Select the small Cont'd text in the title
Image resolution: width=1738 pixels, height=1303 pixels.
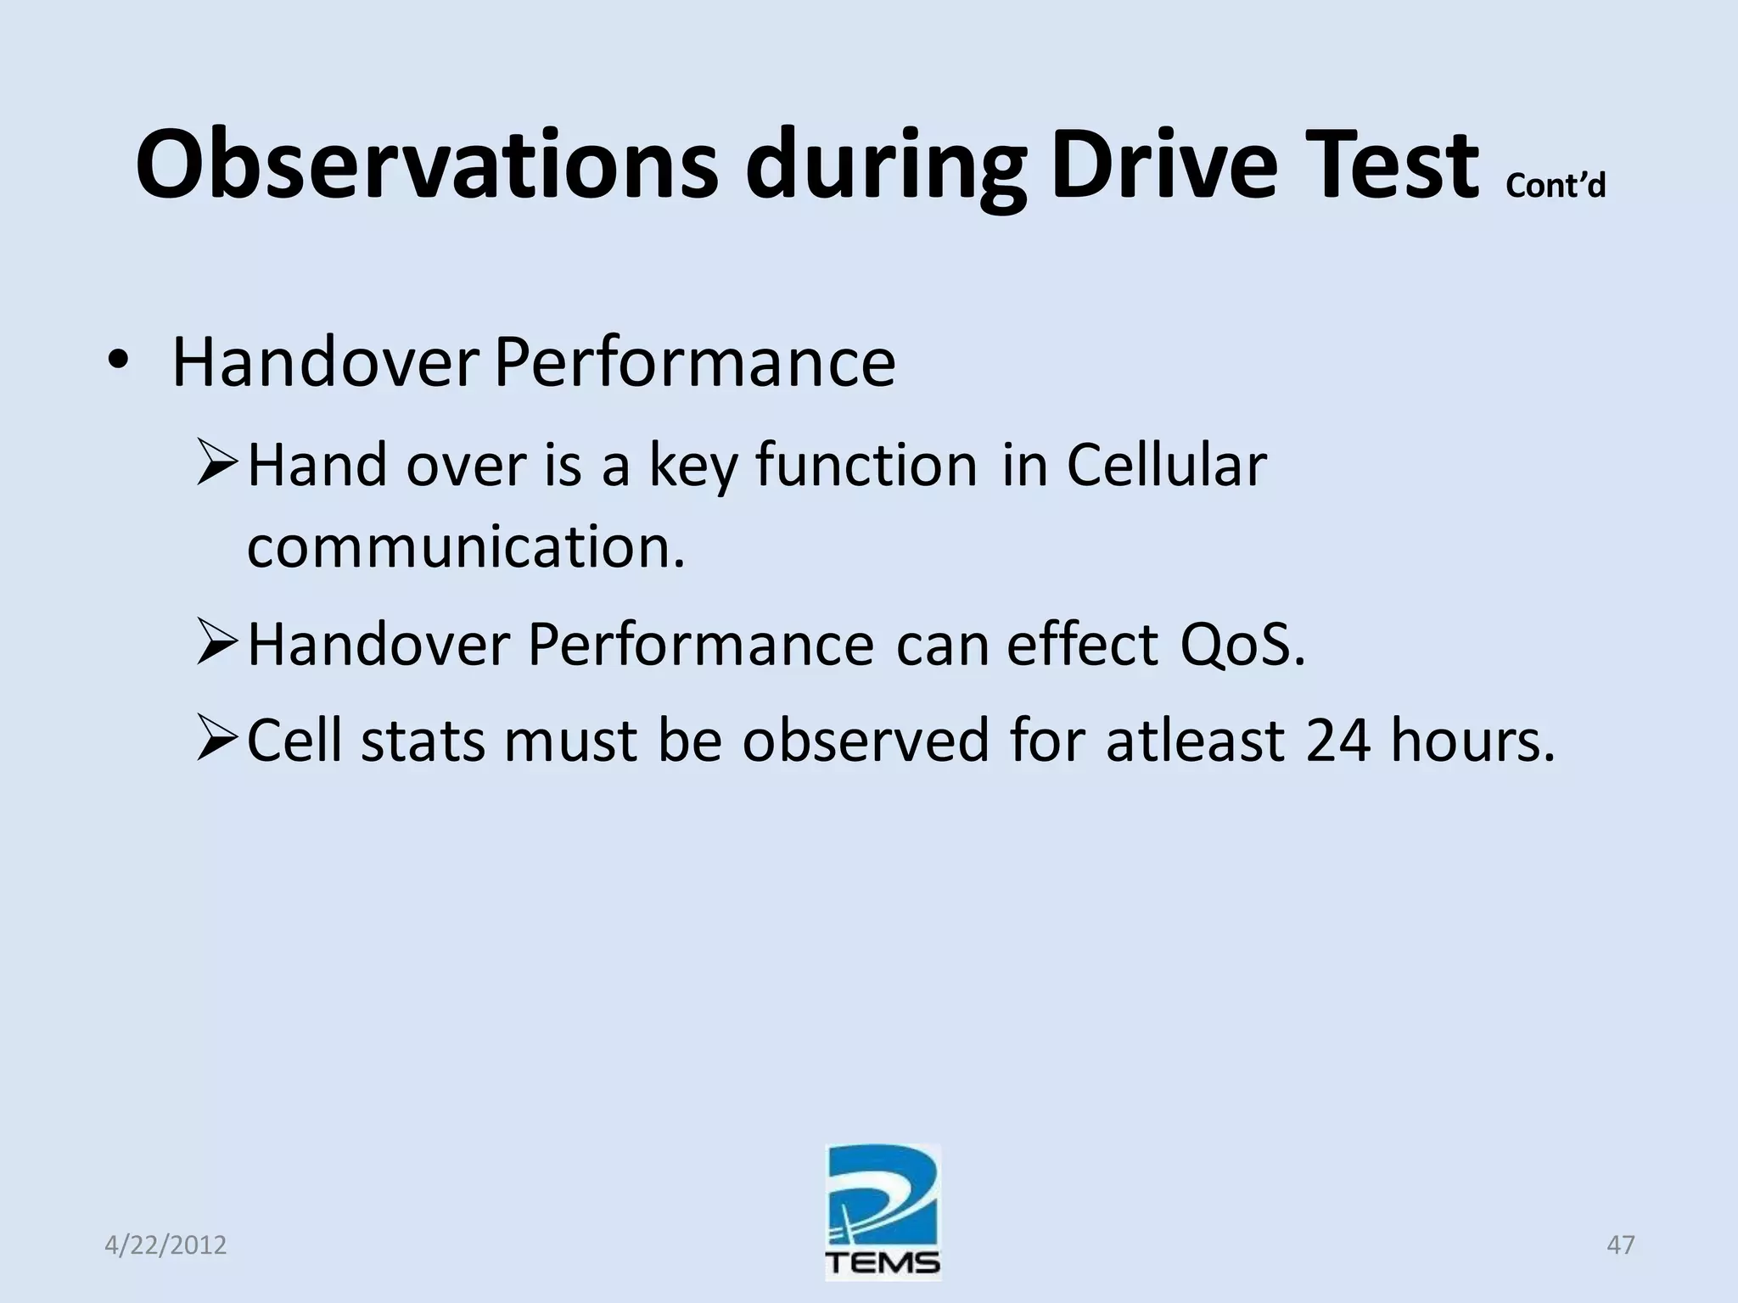pyautogui.click(x=1556, y=185)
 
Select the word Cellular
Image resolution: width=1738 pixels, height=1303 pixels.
pyautogui.click(x=1166, y=466)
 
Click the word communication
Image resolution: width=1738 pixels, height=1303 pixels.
pyautogui.click(x=465, y=547)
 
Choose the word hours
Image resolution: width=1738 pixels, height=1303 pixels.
pyautogui.click(x=1472, y=741)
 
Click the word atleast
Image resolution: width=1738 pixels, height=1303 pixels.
pyautogui.click(x=1195, y=741)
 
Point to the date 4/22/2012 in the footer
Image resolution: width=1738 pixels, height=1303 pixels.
pyautogui.click(x=165, y=1245)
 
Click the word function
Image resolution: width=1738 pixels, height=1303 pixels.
pyautogui.click(x=866, y=466)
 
